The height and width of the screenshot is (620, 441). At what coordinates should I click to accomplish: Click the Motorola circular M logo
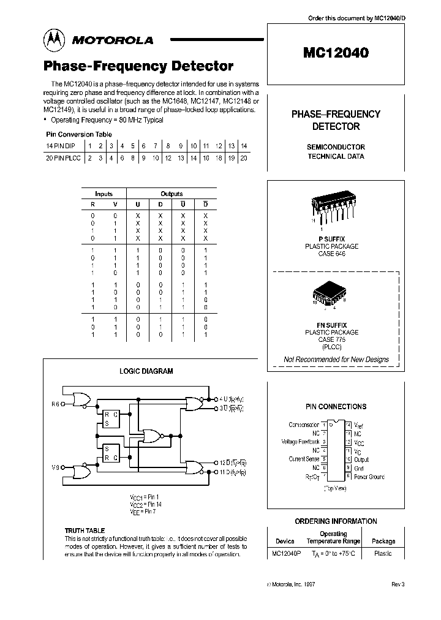(55, 40)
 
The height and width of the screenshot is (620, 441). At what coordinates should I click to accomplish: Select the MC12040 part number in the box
(336, 53)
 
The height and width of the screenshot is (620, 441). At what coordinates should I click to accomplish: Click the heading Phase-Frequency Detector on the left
(138, 66)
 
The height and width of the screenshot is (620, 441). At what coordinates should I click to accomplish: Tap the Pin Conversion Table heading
(79, 134)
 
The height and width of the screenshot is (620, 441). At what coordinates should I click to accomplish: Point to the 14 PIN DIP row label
(62, 146)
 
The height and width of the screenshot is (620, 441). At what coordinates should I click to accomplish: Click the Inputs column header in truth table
(104, 194)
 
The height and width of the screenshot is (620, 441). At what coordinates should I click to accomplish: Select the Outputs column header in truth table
(171, 194)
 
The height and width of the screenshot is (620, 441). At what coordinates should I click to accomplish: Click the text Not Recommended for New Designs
(336, 360)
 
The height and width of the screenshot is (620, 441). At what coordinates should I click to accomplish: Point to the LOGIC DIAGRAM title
(146, 371)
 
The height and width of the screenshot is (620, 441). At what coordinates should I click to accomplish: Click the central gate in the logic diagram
(151, 436)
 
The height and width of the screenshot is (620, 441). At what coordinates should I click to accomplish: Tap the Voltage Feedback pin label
(300, 442)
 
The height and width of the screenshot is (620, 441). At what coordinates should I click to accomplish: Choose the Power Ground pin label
(369, 477)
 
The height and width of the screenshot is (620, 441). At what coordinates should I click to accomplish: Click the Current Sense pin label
(303, 459)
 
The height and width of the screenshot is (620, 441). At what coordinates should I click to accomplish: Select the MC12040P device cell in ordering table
(287, 553)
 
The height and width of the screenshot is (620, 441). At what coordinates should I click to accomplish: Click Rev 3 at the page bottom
(398, 584)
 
